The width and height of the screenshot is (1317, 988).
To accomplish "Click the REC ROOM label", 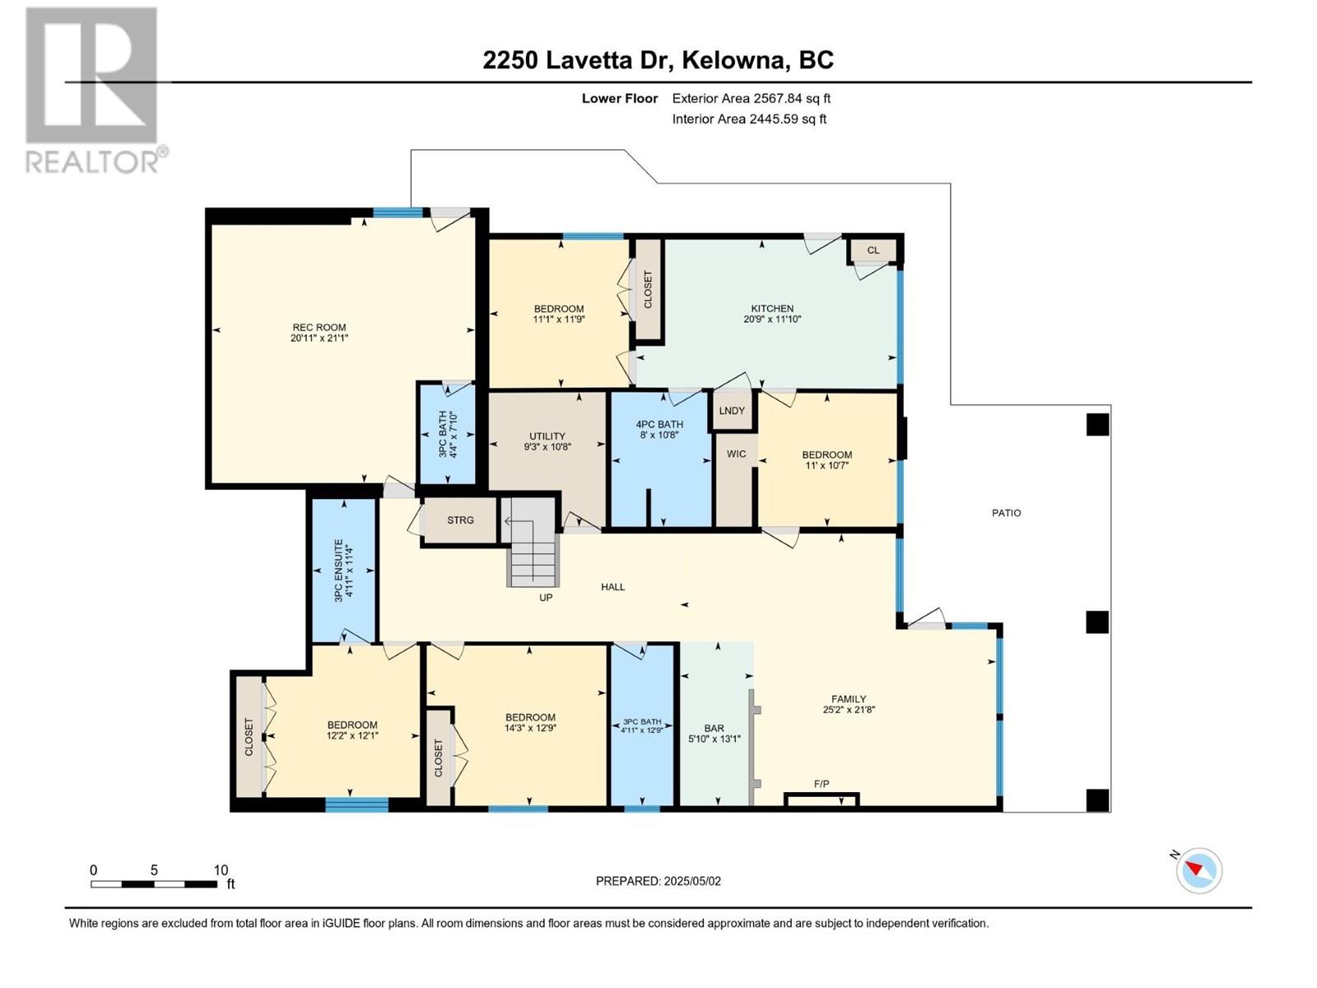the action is pyautogui.click(x=319, y=328).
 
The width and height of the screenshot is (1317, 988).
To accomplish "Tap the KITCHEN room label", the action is pyautogui.click(x=772, y=308).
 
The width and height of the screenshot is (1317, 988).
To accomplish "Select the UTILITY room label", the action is pyautogui.click(x=547, y=436).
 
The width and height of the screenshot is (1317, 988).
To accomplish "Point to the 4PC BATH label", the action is pyautogui.click(x=659, y=424).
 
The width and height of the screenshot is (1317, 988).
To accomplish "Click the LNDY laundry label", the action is pyautogui.click(x=732, y=410).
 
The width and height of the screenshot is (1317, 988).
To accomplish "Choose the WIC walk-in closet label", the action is pyautogui.click(x=736, y=454).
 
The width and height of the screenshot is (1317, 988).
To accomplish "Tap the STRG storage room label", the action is pyautogui.click(x=460, y=520).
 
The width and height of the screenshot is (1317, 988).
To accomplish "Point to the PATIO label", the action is pyautogui.click(x=1006, y=513).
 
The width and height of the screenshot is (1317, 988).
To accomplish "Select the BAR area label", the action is pyautogui.click(x=714, y=729).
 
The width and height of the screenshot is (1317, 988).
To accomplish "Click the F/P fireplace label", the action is pyautogui.click(x=821, y=784).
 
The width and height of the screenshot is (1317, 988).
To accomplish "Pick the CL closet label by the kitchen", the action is pyautogui.click(x=873, y=250).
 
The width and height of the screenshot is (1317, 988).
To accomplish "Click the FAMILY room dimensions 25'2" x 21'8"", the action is pyautogui.click(x=849, y=710).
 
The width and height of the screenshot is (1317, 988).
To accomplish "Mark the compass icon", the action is pyautogui.click(x=1198, y=870).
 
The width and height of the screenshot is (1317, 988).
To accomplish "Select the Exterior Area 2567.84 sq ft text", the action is pyautogui.click(x=752, y=98).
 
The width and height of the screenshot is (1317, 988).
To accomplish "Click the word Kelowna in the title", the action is pyautogui.click(x=733, y=60).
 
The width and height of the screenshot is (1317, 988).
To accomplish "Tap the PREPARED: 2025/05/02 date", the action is pyautogui.click(x=658, y=881).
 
